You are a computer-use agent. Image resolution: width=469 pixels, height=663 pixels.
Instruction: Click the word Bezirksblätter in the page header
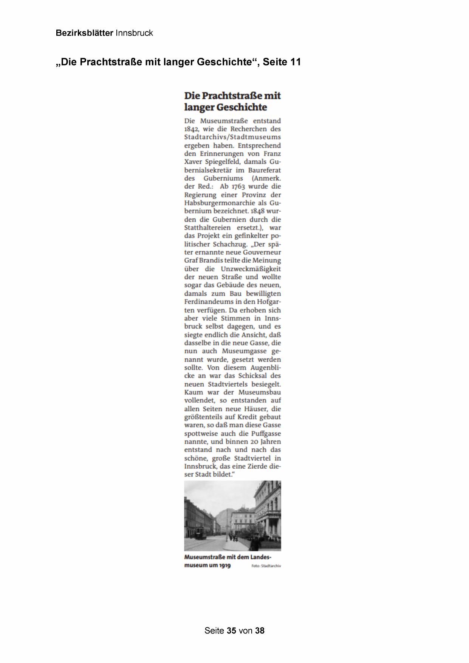point(84,33)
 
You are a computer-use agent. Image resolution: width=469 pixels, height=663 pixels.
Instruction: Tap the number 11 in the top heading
point(296,62)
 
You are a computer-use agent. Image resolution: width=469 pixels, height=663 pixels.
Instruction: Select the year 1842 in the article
point(191,129)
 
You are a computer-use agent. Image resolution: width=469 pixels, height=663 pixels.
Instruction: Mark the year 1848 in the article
point(259,211)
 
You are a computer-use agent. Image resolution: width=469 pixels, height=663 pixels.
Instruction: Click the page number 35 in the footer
point(232,630)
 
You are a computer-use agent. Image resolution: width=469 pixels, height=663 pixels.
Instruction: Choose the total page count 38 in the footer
point(260,630)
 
